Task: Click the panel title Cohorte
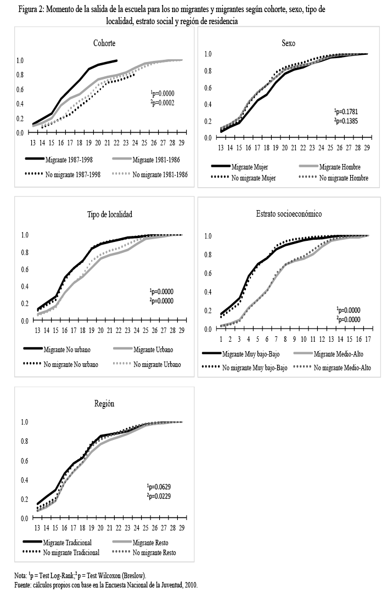pyautogui.click(x=104, y=43)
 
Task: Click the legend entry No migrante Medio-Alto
pyautogui.click(x=341, y=367)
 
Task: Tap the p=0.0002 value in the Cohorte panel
pyautogui.click(x=163, y=103)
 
